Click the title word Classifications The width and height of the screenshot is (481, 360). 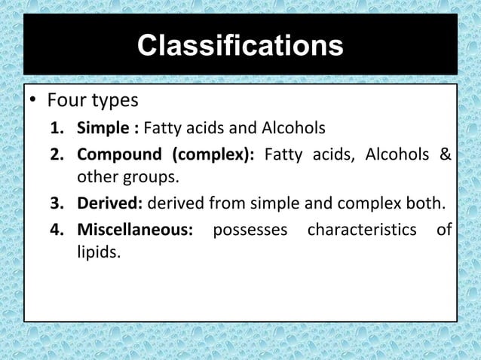[x=240, y=46]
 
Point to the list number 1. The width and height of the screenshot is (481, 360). [x=56, y=127]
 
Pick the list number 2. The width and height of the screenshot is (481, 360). [x=56, y=156]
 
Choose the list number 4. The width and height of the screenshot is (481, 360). [x=56, y=228]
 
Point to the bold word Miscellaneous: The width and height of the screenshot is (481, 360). [x=134, y=228]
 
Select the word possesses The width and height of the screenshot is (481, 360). [x=250, y=228]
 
